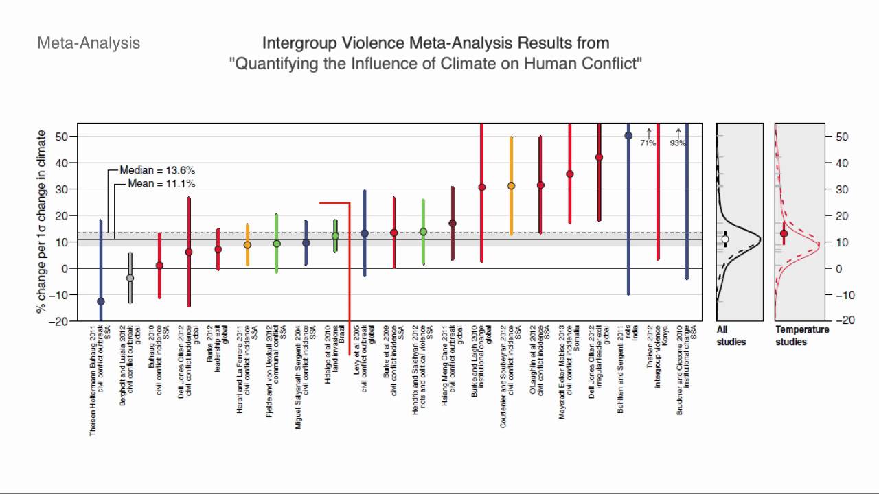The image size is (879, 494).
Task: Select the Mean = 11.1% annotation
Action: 161,184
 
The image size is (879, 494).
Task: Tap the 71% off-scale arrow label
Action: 648,143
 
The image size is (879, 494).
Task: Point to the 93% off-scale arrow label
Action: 678,143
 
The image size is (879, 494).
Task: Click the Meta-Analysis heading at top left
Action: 89,43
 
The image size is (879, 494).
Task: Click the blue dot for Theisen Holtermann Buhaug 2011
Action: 101,301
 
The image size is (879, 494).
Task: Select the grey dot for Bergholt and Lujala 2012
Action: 130,278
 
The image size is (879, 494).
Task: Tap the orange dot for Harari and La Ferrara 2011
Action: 247,245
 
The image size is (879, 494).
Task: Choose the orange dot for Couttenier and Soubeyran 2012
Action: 511,186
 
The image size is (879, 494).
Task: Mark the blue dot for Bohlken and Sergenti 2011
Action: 628,136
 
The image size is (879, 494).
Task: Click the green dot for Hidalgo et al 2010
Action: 335,236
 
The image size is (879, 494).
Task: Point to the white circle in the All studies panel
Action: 725,239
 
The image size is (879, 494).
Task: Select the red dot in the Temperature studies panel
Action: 784,234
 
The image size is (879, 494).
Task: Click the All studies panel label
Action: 731,336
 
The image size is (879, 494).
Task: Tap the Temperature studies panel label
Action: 802,336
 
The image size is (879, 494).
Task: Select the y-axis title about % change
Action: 43,222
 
